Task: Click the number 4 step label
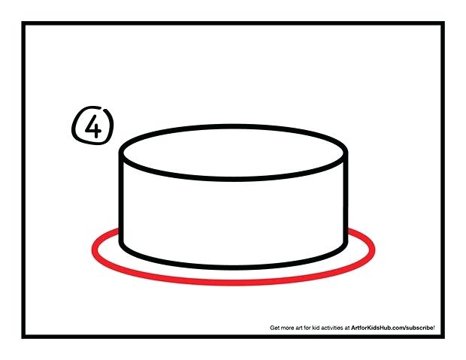[x=92, y=126]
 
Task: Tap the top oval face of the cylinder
[x=234, y=153]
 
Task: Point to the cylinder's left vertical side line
[x=122, y=203]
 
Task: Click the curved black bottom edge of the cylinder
[x=234, y=267]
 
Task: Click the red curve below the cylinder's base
[x=234, y=280]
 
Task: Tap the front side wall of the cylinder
[x=234, y=218]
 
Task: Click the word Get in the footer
[x=275, y=328]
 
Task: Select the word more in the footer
[x=289, y=328]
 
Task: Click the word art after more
[x=301, y=328]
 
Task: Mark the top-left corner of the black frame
[x=23, y=24]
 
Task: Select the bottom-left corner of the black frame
[x=23, y=336]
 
